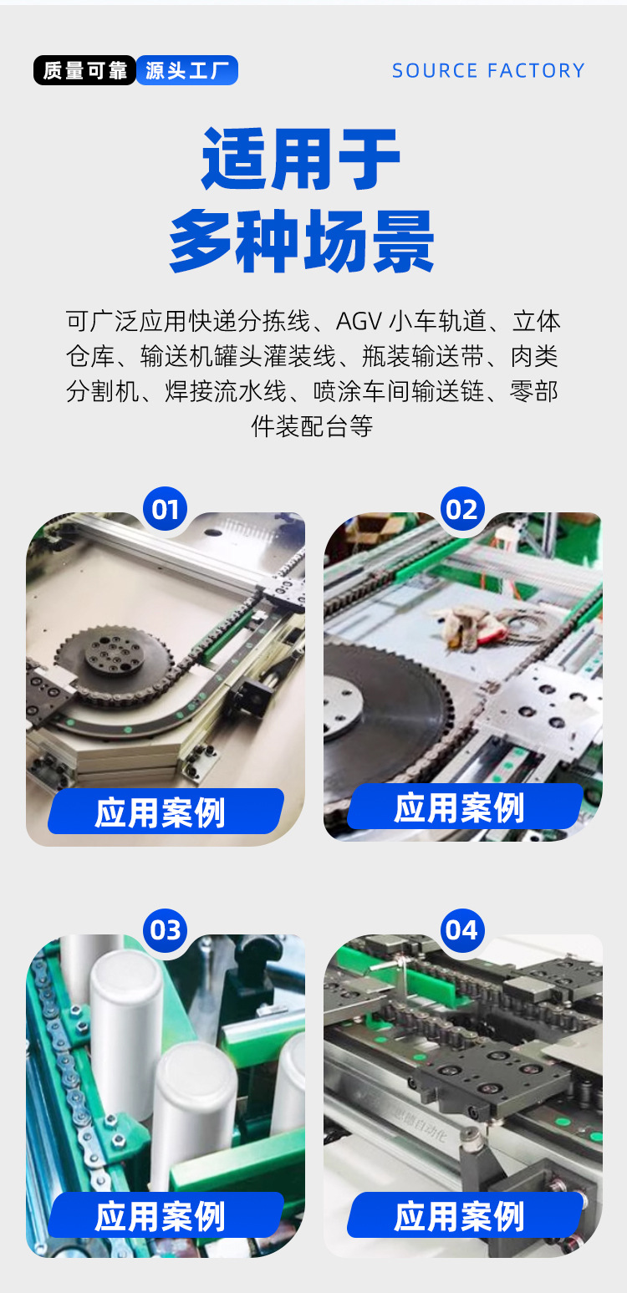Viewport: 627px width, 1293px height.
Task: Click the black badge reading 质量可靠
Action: coord(84,71)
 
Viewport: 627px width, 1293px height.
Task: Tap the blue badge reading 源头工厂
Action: coord(187,71)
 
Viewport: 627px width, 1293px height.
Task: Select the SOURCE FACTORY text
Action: coord(488,71)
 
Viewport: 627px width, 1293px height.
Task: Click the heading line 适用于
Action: coord(301,159)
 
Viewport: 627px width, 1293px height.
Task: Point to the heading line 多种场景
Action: coord(302,241)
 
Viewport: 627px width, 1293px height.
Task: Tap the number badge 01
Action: coord(165,509)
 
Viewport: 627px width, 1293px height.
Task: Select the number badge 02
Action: coord(462,509)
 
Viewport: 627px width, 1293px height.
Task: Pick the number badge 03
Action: coord(165,930)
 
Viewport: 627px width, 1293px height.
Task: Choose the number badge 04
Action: coord(462,930)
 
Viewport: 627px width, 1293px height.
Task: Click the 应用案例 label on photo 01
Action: coord(161,812)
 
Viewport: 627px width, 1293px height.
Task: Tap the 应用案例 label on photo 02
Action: coord(460,807)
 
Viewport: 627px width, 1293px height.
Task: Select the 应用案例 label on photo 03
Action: coord(161,1216)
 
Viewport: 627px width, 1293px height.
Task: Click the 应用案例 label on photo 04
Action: coord(460,1216)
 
